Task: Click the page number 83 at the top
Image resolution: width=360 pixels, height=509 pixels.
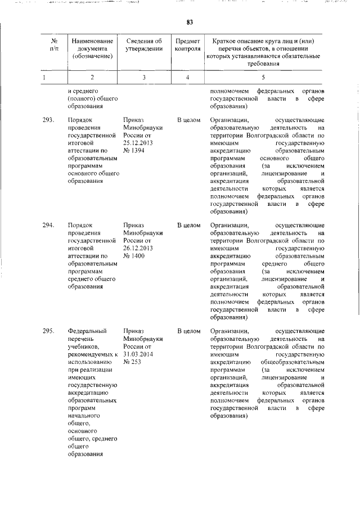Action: tap(190, 22)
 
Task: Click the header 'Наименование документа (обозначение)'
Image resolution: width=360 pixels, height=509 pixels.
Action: tap(93, 48)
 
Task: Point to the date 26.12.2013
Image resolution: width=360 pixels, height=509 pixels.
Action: tap(138, 249)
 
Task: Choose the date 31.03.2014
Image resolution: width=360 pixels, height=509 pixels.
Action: tap(138, 354)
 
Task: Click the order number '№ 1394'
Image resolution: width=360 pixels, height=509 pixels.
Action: tap(133, 151)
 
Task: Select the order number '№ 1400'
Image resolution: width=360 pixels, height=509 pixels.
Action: tap(133, 256)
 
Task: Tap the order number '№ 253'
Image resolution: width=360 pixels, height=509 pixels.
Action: tap(132, 362)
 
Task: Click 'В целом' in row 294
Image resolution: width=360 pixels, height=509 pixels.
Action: tap(188, 226)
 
